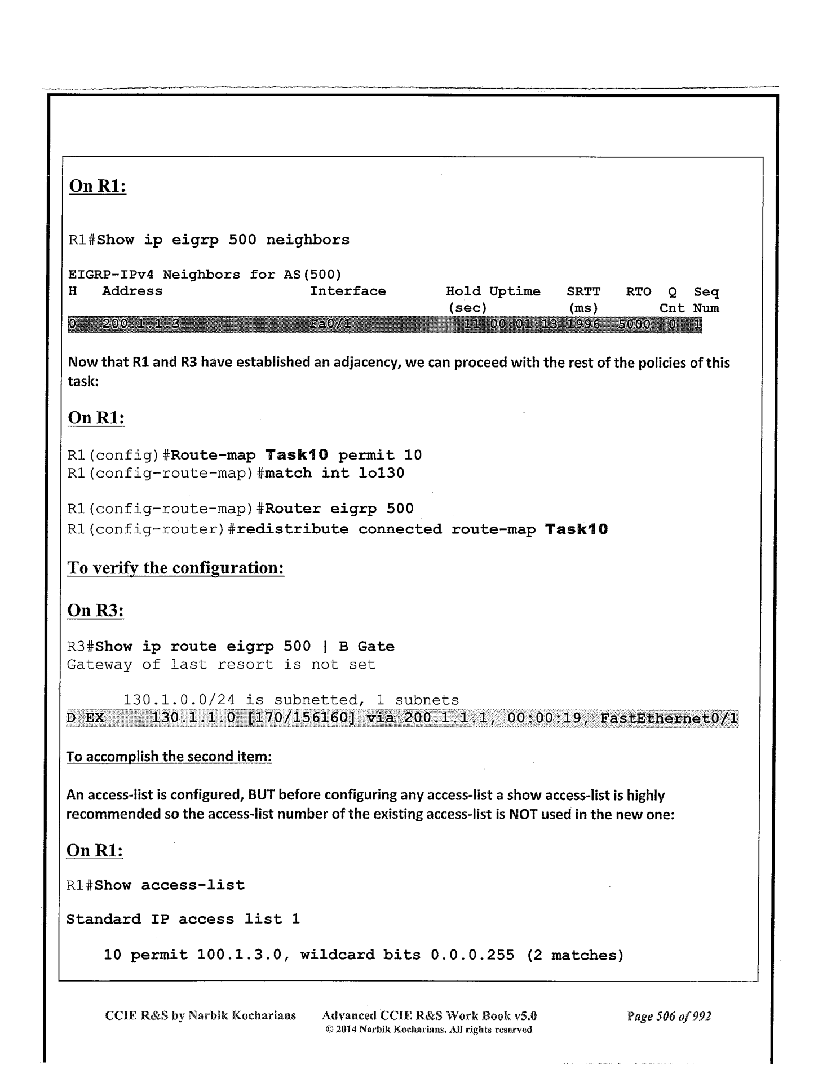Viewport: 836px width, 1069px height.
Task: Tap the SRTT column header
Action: [583, 291]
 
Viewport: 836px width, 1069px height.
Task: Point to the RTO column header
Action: [638, 291]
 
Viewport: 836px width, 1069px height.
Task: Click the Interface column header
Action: [348, 291]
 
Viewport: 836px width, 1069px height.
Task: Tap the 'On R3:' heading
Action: [95, 610]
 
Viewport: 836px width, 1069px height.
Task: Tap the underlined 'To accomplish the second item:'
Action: [169, 757]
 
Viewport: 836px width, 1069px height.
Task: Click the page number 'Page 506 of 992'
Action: [669, 1016]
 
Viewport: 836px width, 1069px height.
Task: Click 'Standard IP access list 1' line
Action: [183, 920]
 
